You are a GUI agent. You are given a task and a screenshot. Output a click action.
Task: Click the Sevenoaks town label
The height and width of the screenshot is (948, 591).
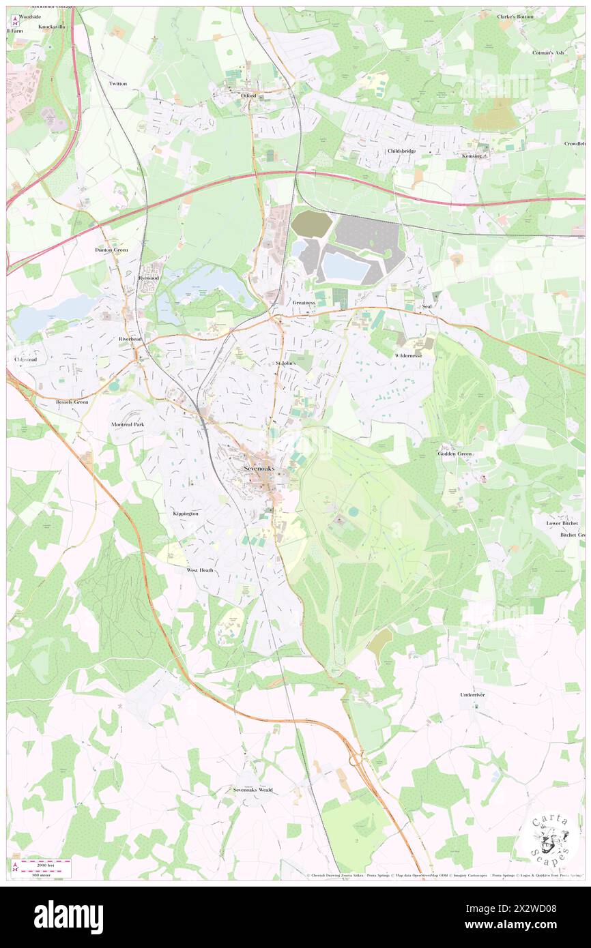coord(261,469)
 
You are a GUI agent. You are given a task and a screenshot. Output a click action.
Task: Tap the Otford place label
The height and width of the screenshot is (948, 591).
coord(248,96)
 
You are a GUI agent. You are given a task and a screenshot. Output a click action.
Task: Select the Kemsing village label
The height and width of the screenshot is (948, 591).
coord(472,156)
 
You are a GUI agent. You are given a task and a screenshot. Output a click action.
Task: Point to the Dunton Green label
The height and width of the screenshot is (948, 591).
coord(111,250)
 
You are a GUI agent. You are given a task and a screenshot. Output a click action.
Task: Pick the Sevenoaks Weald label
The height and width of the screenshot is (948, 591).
coord(253,790)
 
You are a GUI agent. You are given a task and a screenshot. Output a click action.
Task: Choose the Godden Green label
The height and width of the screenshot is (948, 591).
coord(455,454)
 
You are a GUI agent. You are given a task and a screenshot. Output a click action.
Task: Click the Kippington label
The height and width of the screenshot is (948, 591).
coord(186,514)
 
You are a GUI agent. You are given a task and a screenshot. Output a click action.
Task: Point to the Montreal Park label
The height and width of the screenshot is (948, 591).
coord(128,424)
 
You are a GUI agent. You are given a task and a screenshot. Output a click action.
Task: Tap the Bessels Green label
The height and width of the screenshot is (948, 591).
coord(72,402)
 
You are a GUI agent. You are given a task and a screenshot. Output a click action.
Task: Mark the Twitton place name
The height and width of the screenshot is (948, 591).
coord(118,83)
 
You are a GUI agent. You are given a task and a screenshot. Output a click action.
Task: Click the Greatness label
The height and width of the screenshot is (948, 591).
coord(304,302)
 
